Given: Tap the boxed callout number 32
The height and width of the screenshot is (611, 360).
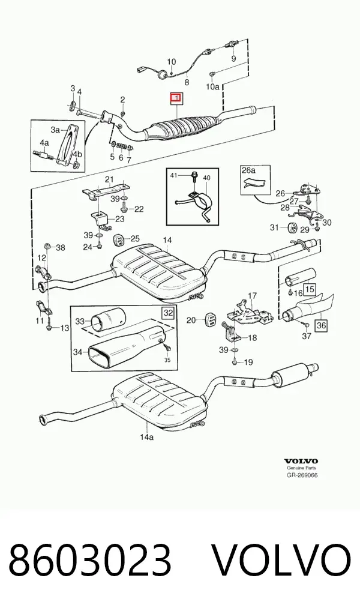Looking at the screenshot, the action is point(169,313).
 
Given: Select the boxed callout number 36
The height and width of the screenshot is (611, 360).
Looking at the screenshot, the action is point(320,325).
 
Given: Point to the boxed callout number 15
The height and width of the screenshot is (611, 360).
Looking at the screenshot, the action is point(310,289).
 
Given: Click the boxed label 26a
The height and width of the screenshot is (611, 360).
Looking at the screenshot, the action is point(248,170).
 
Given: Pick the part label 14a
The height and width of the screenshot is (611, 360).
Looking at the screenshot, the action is point(147,437).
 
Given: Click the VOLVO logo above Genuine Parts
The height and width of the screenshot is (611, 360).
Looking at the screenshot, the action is point(301,462).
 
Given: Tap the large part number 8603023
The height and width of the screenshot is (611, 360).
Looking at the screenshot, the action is point(90,559).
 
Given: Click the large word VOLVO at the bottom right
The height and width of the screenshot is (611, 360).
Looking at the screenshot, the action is point(281,559).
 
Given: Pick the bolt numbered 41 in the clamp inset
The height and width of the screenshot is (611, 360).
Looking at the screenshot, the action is point(194,177).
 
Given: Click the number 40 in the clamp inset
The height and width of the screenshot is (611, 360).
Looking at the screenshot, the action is point(206,178).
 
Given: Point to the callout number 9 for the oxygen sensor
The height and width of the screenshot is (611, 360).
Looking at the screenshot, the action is point(234,59).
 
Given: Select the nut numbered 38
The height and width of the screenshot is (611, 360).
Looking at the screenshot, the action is point(47,245).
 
